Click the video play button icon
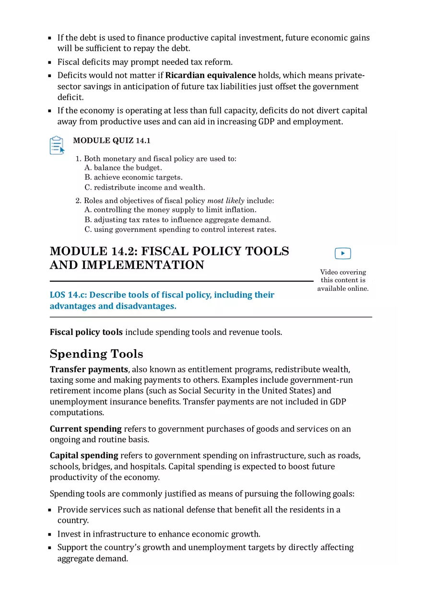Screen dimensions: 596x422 pyautogui.click(x=342, y=253)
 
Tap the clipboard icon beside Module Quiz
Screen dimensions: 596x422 pyautogui.click(x=57, y=145)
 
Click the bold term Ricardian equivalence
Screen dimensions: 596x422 pyautogui.click(x=211, y=75)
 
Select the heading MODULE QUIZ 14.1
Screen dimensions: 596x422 pyautogui.click(x=111, y=140)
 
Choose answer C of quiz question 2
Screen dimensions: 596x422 pyautogui.click(x=180, y=229)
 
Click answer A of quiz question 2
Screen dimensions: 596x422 pyautogui.click(x=170, y=210)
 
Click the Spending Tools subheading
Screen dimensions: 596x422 pyautogui.click(x=96, y=354)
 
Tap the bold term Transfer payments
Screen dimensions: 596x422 pyautogui.click(x=89, y=369)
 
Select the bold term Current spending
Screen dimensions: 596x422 pyautogui.click(x=86, y=429)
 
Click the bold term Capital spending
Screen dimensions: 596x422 pyautogui.click(x=84, y=455)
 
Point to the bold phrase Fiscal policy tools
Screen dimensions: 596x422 pyautogui.click(x=86, y=332)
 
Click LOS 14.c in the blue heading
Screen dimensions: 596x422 pyautogui.click(x=68, y=295)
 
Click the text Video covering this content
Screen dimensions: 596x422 pyautogui.click(x=343, y=276)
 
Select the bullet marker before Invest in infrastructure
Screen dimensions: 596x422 pyautogui.click(x=50, y=534)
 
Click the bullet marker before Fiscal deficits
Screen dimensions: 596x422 pyautogui.click(x=50, y=62)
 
